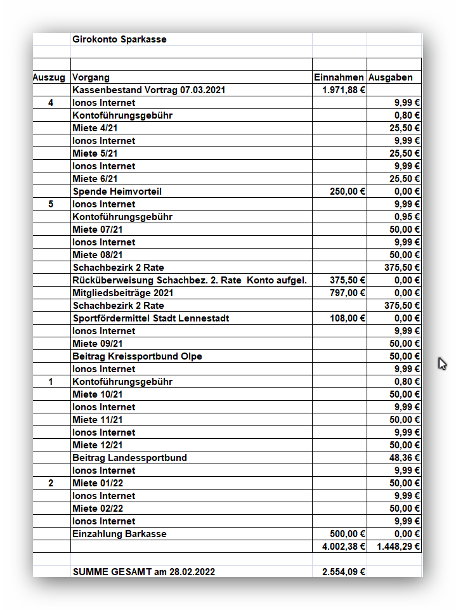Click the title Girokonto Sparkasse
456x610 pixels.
point(119,39)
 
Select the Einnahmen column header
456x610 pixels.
point(339,77)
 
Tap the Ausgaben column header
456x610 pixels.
point(390,77)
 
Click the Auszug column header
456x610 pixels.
point(49,77)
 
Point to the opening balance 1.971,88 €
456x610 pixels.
point(344,90)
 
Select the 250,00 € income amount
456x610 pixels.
point(348,191)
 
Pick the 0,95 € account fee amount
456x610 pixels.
point(407,217)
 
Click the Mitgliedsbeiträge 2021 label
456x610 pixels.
point(123,293)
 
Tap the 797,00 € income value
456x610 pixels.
point(348,293)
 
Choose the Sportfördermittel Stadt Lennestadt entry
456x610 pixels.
point(151,318)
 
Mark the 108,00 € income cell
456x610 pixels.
point(348,318)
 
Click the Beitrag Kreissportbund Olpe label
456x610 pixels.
point(138,356)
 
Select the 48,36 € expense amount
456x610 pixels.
point(405,458)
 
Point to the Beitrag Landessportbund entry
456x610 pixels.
point(130,458)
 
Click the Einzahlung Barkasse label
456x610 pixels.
point(120,534)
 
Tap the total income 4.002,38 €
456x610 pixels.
point(344,547)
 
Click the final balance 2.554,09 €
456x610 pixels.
point(344,572)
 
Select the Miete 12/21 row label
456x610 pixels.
point(98,445)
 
